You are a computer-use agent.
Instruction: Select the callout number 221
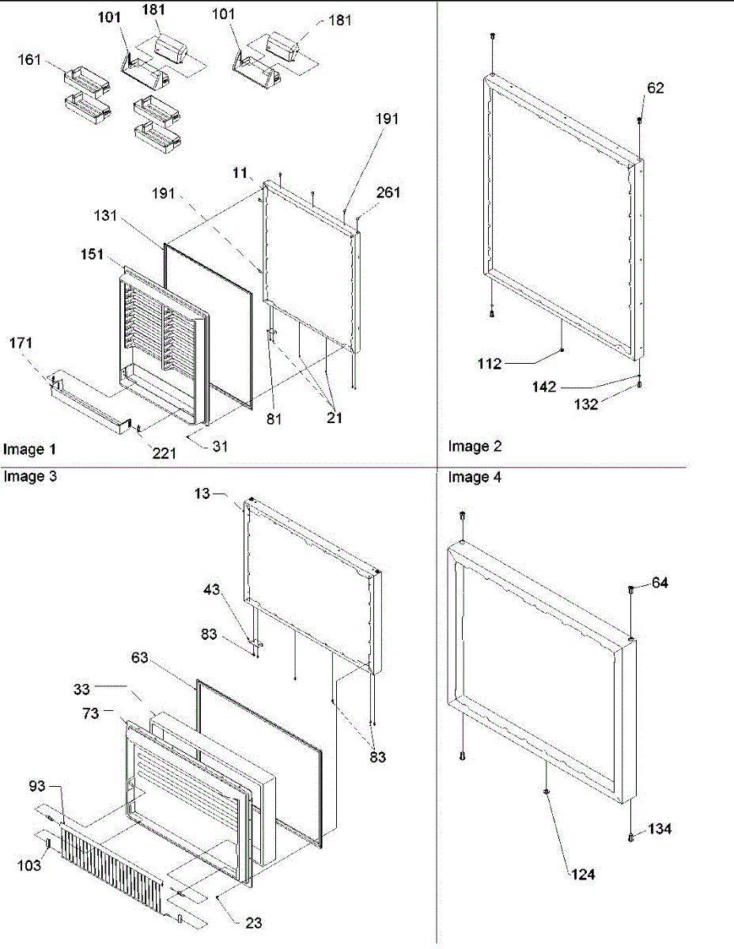165,453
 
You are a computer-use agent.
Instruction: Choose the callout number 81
274,417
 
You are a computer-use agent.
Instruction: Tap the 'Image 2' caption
475,446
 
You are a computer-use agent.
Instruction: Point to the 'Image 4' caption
475,477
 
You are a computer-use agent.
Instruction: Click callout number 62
656,88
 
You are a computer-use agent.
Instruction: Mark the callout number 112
490,364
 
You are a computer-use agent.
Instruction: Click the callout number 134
660,829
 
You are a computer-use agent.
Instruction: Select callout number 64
660,584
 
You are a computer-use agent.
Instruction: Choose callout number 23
254,921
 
